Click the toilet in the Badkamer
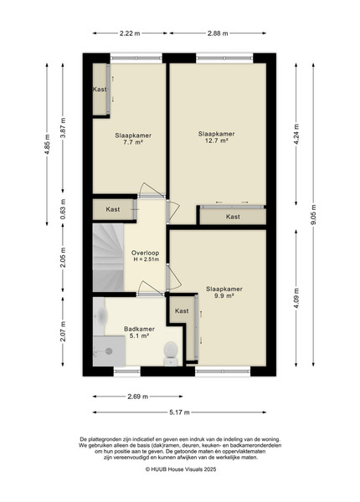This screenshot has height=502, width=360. (x=171, y=354)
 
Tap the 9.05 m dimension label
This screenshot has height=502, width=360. (x=313, y=214)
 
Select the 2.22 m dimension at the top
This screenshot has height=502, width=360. (x=130, y=33)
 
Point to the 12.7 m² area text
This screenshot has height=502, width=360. (x=217, y=141)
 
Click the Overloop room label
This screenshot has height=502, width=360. (x=145, y=253)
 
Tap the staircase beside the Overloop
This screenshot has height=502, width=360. (x=108, y=258)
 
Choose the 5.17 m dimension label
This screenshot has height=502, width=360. (x=179, y=412)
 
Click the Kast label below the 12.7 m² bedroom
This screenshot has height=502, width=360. (x=233, y=217)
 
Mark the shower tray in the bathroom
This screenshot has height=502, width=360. (x=109, y=351)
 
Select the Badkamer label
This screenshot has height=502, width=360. (x=139, y=329)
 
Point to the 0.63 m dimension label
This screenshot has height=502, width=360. (x=63, y=207)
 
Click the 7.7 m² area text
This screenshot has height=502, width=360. (x=133, y=142)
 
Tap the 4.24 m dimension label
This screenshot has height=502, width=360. (x=296, y=134)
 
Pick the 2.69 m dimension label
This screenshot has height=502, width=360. (x=138, y=397)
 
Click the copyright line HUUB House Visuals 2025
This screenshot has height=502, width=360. (x=181, y=469)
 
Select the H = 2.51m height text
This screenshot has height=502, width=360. (x=146, y=259)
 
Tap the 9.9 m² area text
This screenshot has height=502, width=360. (x=224, y=296)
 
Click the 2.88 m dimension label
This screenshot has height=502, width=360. (x=218, y=33)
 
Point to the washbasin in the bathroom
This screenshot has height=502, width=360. (x=99, y=316)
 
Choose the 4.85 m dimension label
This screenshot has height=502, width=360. (x=48, y=145)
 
